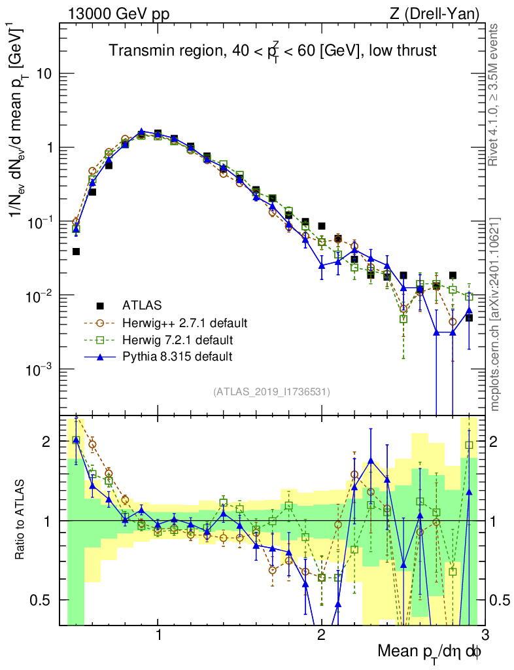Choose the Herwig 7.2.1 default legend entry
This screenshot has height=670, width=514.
click(x=178, y=340)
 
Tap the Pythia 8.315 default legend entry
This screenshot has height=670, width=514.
click(x=176, y=357)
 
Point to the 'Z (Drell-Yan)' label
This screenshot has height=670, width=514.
click(x=441, y=13)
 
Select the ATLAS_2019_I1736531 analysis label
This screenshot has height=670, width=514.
click(x=271, y=392)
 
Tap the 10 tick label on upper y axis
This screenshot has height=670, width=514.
click(x=44, y=74)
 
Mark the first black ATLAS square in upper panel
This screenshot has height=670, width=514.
click(x=76, y=251)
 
